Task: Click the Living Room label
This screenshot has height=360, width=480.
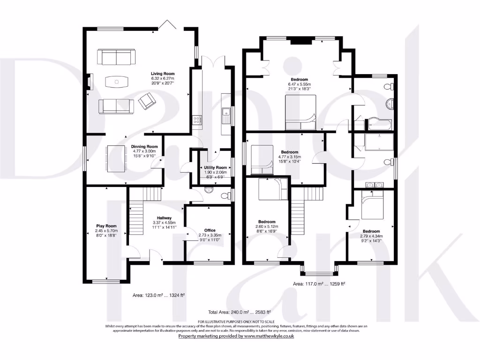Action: point(162,74)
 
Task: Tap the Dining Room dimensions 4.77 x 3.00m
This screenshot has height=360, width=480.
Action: point(144,151)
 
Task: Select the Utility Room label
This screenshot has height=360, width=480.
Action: point(215,167)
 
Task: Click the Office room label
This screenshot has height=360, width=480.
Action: point(210,230)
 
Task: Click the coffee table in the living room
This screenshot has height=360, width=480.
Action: point(116,82)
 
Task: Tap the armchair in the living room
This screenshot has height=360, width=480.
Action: point(148,101)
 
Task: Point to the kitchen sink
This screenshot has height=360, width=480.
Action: point(225,115)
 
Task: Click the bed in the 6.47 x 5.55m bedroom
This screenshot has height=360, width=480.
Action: point(300,112)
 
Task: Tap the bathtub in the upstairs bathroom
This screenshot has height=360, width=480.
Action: point(380,124)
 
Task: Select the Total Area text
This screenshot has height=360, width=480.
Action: point(240,312)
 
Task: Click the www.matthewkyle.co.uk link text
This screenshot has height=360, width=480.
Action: point(266,336)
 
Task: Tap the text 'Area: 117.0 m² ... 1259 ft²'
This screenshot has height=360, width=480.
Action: point(319,284)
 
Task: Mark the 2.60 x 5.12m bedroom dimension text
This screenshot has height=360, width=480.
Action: point(267,226)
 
